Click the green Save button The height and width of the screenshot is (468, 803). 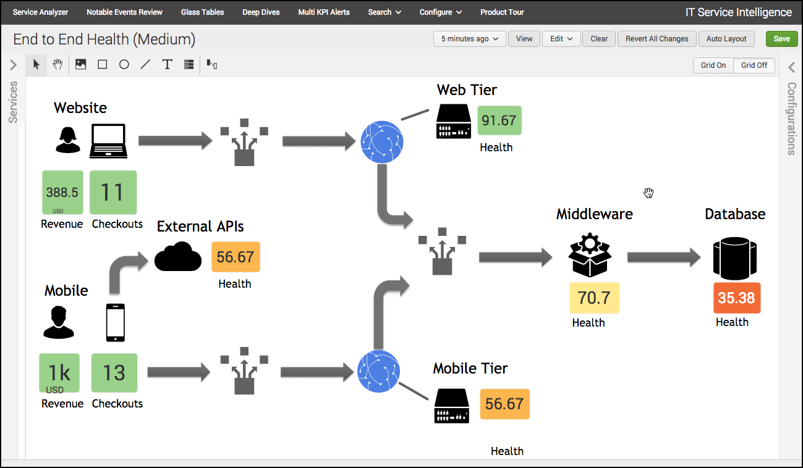click(781, 39)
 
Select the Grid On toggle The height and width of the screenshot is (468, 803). click(713, 65)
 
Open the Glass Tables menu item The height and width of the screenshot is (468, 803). click(202, 12)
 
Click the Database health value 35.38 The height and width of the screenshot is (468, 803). click(736, 298)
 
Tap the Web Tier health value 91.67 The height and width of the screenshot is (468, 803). click(499, 120)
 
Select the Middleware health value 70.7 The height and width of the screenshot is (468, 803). click(594, 298)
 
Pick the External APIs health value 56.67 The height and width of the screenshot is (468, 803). click(236, 257)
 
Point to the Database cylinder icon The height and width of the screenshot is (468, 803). click(735, 257)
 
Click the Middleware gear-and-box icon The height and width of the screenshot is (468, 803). click(590, 255)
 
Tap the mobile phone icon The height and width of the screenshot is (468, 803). click(115, 322)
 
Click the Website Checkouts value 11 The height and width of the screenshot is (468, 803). click(113, 193)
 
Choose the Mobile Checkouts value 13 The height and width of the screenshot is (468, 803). click(114, 373)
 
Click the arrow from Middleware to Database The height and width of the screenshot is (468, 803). click(664, 257)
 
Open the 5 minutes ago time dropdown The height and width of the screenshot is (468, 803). click(470, 39)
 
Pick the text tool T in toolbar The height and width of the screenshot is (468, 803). click(167, 64)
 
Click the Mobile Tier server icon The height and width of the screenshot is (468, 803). click(451, 406)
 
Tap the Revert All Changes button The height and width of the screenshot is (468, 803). click(656, 39)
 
